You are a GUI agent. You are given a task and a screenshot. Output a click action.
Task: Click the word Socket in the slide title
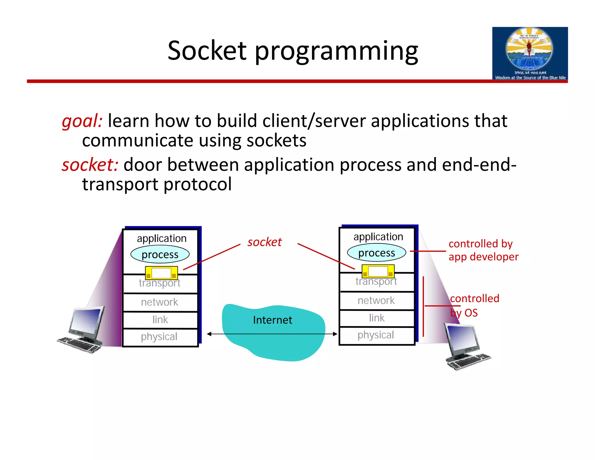coord(207,51)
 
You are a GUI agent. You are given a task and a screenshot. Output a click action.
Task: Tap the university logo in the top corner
coord(530,54)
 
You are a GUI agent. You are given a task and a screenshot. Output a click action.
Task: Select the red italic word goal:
coord(82,121)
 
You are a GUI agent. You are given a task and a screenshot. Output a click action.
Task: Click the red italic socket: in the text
coord(90,165)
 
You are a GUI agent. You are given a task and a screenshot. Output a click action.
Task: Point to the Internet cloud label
coord(272,320)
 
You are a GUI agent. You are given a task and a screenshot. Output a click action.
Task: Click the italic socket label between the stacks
coord(264,242)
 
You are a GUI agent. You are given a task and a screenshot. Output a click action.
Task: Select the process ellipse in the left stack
coord(160,254)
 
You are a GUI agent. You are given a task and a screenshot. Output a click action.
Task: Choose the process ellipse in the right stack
coord(377,253)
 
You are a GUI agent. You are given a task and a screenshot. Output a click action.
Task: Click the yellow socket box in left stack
coord(161,273)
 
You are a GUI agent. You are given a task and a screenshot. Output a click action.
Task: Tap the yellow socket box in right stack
coord(378,271)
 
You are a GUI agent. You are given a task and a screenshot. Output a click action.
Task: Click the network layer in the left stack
coord(159,302)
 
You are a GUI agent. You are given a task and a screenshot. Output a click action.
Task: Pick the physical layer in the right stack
coord(376,335)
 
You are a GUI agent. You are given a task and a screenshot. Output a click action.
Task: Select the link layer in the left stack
coord(160,320)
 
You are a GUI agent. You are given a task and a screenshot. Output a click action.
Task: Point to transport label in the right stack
coord(376,281)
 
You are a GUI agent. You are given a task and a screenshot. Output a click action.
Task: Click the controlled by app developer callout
coord(483,250)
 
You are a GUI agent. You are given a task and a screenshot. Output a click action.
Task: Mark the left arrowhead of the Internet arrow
coord(209,334)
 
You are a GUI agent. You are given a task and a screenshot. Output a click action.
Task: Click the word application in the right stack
coord(378,237)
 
